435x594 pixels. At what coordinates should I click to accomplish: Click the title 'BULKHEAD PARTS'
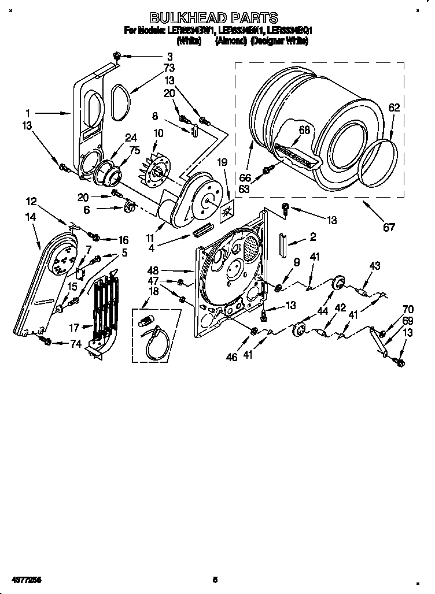pyautogui.click(x=213, y=18)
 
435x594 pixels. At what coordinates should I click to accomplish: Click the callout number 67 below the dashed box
pyautogui.click(x=389, y=227)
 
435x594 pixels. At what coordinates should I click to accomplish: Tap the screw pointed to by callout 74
pyautogui.click(x=47, y=341)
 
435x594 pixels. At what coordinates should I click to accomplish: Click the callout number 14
pyautogui.click(x=31, y=217)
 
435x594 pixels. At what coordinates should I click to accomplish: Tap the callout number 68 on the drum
pyautogui.click(x=304, y=130)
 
